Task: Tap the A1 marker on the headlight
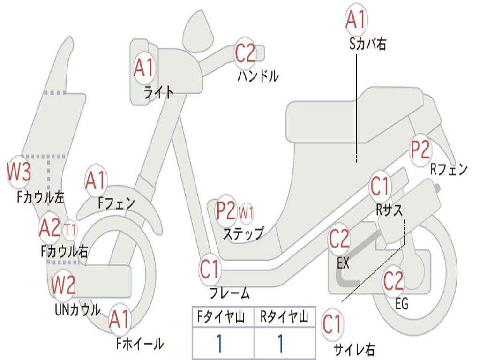[x=144, y=68]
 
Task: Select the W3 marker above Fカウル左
[x=19, y=172]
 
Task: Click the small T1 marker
[x=70, y=230]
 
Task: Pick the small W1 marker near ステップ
[x=246, y=212]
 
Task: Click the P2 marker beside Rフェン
[x=420, y=150]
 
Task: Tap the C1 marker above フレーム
[x=210, y=270]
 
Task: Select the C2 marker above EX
[x=339, y=239]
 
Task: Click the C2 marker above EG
[x=393, y=281]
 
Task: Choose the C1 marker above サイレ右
[x=332, y=325]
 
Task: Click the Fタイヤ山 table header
[x=221, y=317]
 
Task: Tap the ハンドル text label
[x=258, y=76]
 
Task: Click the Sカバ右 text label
[x=367, y=44]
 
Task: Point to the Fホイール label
[x=140, y=344]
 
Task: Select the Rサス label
[x=389, y=210]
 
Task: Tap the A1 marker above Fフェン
[x=96, y=180]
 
